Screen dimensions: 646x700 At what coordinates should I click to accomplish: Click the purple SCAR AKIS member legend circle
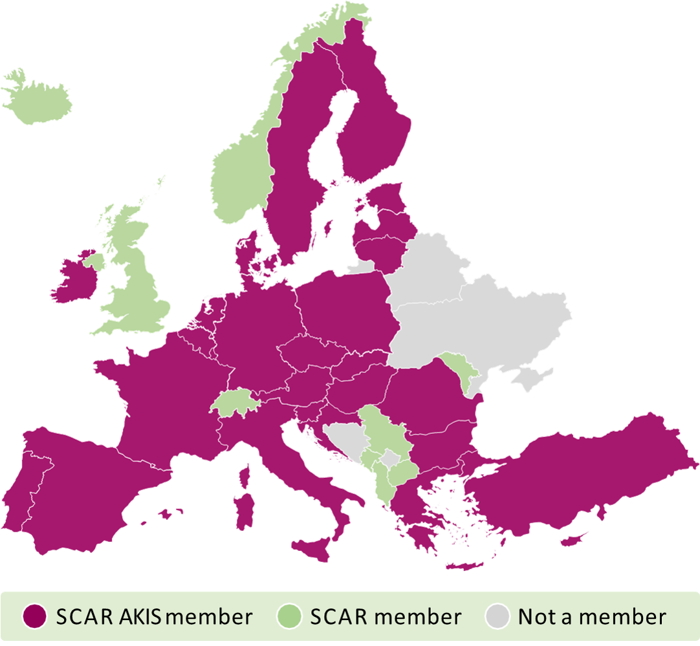(x=34, y=616)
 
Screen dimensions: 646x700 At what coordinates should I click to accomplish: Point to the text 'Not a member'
(x=591, y=617)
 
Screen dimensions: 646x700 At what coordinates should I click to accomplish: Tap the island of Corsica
(x=246, y=475)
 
